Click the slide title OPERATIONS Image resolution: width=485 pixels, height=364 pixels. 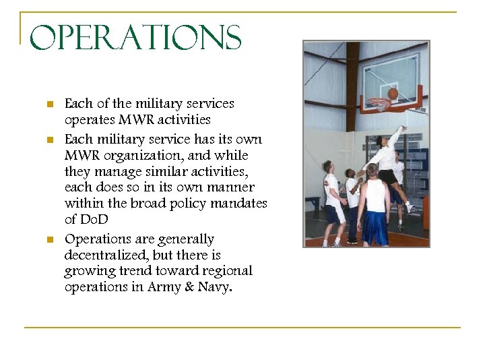[135, 38]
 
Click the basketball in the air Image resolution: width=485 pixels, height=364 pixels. [393, 94]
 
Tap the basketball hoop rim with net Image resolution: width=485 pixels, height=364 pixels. [379, 104]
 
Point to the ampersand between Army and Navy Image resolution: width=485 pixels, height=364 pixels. [190, 286]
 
